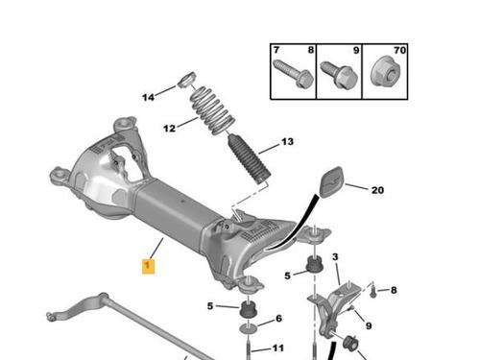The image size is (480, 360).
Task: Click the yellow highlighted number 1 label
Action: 148,266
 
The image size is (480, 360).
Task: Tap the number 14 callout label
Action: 148,97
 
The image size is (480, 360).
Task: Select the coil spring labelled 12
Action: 212,110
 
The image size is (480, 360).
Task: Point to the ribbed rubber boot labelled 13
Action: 250,159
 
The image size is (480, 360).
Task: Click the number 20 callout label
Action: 377,190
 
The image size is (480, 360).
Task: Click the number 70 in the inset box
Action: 399,50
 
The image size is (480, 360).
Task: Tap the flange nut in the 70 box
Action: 385,72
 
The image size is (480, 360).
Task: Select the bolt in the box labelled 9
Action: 339,75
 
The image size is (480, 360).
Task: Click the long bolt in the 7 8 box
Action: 294,74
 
